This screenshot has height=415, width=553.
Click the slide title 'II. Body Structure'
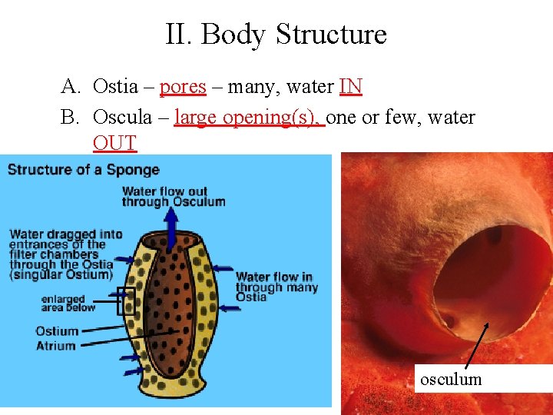(x=276, y=35)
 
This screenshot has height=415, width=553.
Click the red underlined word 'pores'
(x=183, y=87)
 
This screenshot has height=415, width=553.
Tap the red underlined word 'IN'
(x=350, y=87)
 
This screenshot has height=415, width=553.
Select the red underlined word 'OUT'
(x=114, y=143)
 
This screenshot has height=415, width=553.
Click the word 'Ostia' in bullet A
(x=115, y=87)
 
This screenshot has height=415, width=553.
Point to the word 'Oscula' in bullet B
(x=121, y=118)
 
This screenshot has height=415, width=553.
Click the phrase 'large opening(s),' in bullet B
(x=250, y=118)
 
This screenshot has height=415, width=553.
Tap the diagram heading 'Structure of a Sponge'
(x=84, y=169)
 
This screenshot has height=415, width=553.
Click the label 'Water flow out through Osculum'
(x=174, y=197)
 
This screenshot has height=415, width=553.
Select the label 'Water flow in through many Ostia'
(x=276, y=287)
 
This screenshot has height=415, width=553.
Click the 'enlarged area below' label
(x=68, y=304)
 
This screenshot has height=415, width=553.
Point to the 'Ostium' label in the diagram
(x=57, y=331)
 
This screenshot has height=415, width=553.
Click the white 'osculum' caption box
(x=451, y=379)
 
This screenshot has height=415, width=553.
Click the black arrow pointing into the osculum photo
(x=476, y=346)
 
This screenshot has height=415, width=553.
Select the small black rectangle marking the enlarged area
(x=126, y=300)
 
